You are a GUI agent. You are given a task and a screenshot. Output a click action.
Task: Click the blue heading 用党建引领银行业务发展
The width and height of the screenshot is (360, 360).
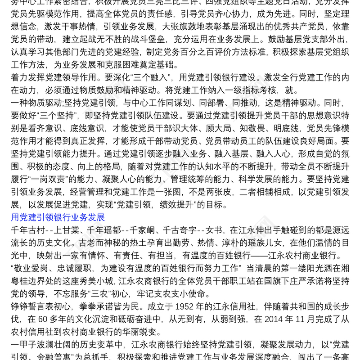click(58, 218)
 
